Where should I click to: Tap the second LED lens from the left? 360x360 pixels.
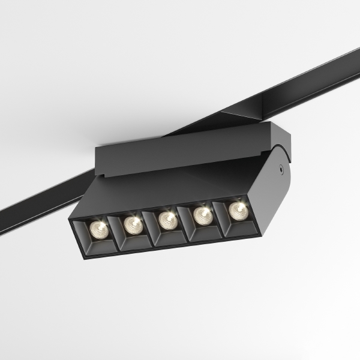coord(132,224)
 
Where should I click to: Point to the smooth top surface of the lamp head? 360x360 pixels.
coord(180,186)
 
